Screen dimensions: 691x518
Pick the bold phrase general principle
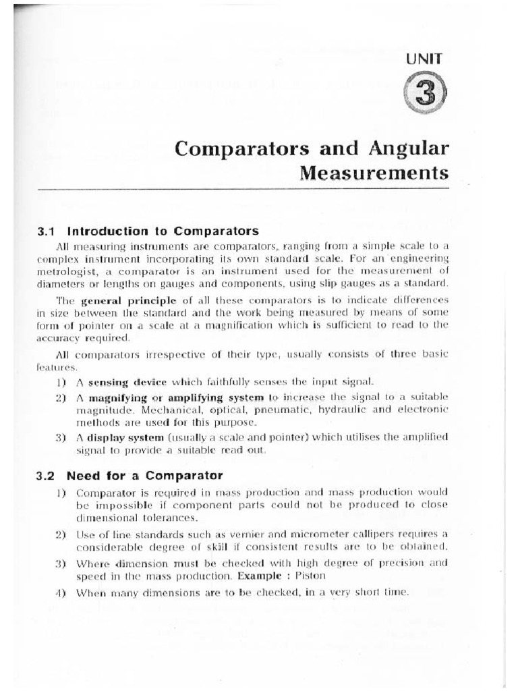[x=120, y=299]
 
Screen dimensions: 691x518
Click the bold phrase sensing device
[x=119, y=382]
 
